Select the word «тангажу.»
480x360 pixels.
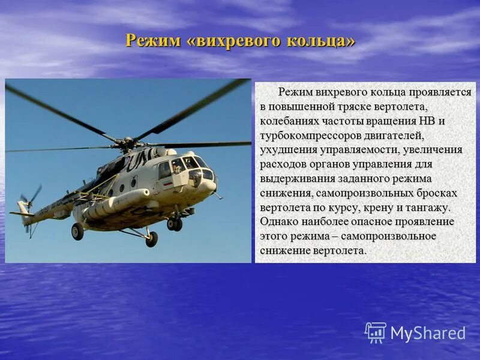tap(428, 208)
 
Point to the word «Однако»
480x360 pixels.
tap(278, 222)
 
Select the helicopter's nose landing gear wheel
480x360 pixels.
tap(175, 224)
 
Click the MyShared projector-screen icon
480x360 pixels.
tap(376, 332)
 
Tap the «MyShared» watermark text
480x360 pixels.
tap(428, 334)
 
